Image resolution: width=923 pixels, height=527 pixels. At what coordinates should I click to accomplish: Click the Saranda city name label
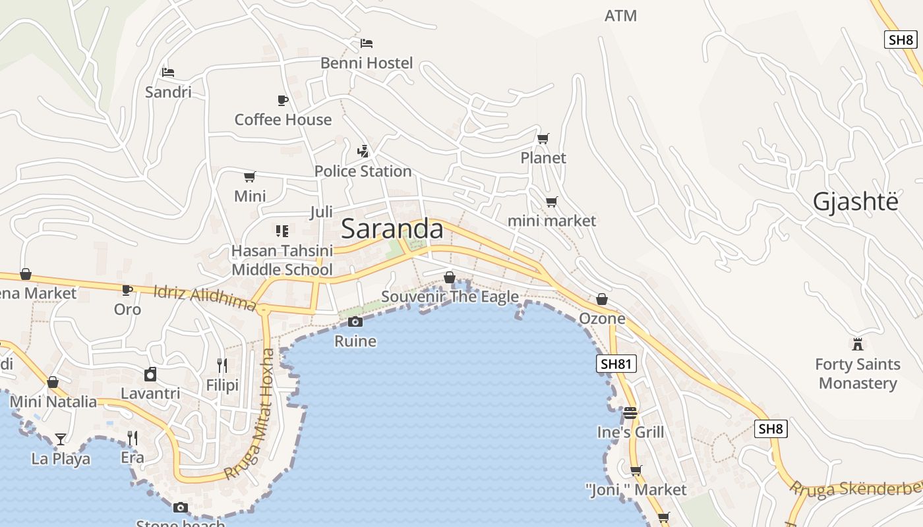pos(392,229)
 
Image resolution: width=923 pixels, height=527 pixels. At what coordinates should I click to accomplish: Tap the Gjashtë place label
pos(855,202)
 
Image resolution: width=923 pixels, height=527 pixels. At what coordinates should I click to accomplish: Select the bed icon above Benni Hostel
pos(367,43)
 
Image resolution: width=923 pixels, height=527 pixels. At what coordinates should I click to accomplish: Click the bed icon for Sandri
pos(168,72)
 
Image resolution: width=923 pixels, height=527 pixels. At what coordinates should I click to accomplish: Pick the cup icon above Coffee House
pos(283,100)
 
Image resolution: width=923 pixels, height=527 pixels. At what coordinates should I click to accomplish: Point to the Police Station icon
pos(363,152)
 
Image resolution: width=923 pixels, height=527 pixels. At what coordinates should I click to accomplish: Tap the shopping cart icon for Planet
pos(543,138)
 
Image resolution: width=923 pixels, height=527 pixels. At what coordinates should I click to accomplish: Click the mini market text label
pos(552,221)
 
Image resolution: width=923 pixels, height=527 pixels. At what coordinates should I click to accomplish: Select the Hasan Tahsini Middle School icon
pos(282,231)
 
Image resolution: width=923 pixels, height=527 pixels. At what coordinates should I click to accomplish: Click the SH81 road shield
pos(616,364)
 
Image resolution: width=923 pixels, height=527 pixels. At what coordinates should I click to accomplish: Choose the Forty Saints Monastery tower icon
pos(857,344)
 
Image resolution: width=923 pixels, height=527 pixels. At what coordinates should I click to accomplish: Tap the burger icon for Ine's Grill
pos(630,413)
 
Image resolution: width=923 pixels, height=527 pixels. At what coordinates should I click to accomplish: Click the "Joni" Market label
pos(636,490)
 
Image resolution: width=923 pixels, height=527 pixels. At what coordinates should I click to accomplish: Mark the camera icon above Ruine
pos(355,321)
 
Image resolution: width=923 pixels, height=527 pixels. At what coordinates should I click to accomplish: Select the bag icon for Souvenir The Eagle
pos(450,277)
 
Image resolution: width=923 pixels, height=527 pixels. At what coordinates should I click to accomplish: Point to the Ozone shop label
pos(602,319)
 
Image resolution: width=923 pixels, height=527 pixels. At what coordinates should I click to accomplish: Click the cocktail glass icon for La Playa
pos(61,439)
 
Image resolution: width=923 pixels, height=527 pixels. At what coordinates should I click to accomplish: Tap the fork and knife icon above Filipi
pos(222,365)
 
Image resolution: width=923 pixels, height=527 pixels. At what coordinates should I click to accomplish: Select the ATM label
pos(620,16)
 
